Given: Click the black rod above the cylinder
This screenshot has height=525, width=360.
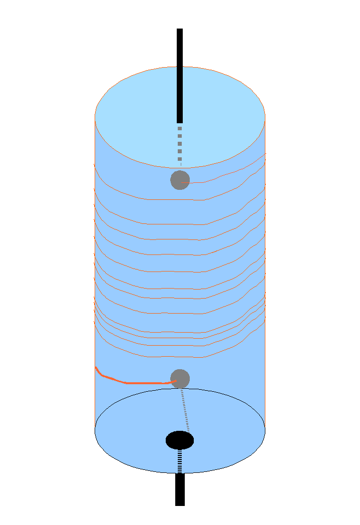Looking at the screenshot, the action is (180, 75).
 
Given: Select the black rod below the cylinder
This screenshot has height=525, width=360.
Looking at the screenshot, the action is (180, 489).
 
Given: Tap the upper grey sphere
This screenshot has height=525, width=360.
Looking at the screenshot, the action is (180, 180).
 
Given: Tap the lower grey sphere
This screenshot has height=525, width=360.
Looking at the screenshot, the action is (180, 379).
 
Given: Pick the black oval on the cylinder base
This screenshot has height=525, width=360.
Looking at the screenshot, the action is (180, 440).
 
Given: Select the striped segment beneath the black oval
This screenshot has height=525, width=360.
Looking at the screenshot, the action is (180, 461).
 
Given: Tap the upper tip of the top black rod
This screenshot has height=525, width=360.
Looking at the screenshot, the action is (180, 30).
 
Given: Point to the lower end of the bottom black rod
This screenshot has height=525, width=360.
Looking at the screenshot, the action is (180, 504).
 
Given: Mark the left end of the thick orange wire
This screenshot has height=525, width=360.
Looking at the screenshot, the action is (96, 368).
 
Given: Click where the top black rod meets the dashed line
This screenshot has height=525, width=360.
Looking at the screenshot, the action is (180, 123).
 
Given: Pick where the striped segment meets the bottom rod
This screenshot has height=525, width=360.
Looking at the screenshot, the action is (180, 473).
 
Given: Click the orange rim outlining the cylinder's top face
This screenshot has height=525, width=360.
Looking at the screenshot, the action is (180, 67).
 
